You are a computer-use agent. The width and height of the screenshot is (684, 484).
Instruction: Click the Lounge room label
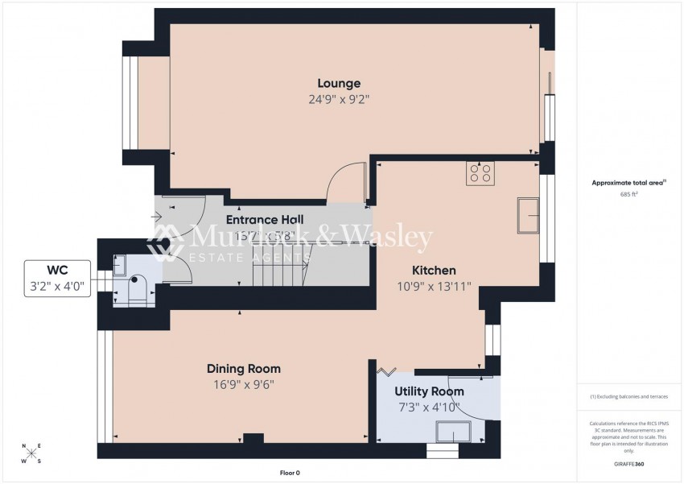coord(338,83)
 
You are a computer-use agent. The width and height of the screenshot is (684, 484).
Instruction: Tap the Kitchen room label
coord(434,271)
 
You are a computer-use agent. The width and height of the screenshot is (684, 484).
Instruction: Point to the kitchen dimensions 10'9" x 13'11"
coord(434,287)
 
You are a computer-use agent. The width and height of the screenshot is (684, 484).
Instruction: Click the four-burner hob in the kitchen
coord(480,175)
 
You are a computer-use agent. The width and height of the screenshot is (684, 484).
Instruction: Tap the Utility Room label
coord(429,391)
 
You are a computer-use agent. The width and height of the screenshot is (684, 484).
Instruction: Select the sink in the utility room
coord(451,433)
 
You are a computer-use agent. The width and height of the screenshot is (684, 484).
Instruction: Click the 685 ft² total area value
coord(629,194)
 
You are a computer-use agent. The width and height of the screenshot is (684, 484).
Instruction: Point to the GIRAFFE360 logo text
coord(628,464)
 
